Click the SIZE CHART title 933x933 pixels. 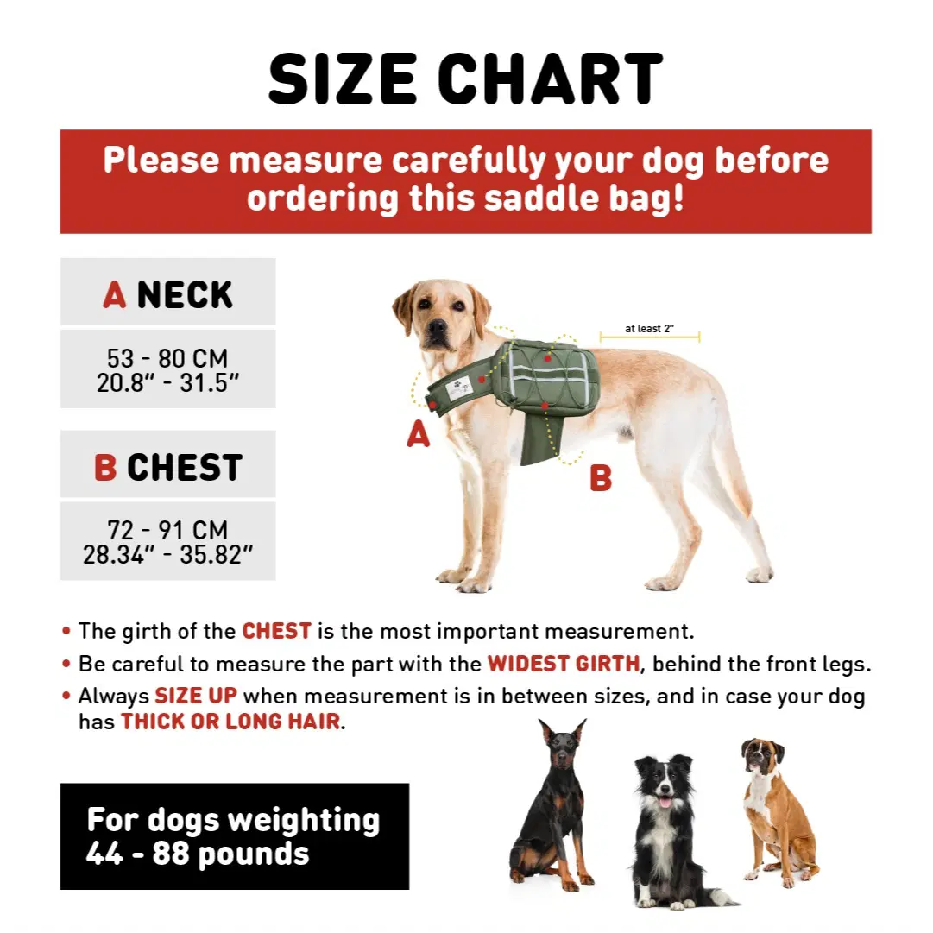pos(465,79)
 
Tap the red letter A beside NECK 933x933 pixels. pos(114,294)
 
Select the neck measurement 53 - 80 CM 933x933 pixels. pos(167,358)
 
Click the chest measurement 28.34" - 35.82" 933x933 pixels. pos(167,555)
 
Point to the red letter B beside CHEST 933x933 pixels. pos(105,467)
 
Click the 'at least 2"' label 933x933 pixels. pos(649,329)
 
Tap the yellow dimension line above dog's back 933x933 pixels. pos(650,337)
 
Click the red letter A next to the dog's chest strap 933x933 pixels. pos(419,433)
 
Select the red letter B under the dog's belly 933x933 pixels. pos(601,478)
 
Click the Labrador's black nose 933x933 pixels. pos(438,326)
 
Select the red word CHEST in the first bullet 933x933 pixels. pos(277,631)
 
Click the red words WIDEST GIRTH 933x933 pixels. pos(564,664)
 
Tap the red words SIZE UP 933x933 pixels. pos(196,696)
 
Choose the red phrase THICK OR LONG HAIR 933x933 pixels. pos(230,722)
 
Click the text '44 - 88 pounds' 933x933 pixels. pos(198,854)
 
